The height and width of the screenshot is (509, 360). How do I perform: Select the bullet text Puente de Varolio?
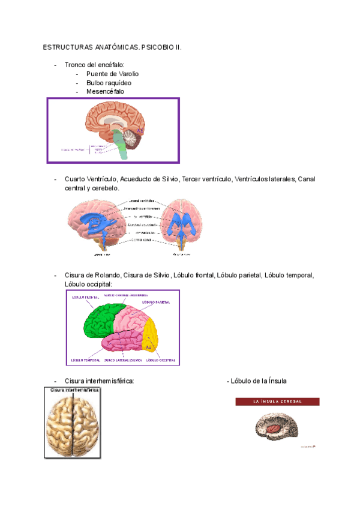point(112,74)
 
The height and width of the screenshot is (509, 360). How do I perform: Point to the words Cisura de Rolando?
point(94,275)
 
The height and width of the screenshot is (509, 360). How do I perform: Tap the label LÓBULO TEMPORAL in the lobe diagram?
point(85,360)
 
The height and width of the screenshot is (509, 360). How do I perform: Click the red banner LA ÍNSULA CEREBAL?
point(277,401)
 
